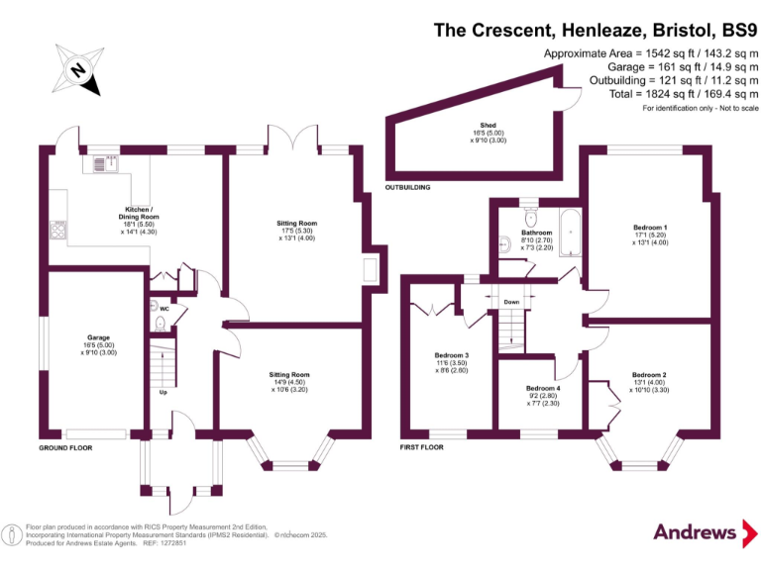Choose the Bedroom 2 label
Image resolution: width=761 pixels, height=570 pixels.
click(649, 380)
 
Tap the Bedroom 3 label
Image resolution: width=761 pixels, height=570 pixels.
click(451, 360)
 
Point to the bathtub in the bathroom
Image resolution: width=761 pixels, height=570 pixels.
click(572, 234)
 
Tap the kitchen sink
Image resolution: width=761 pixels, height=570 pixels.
click(107, 162)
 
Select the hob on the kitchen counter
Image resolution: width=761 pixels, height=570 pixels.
click(57, 233)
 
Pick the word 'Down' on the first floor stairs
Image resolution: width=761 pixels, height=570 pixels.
click(511, 302)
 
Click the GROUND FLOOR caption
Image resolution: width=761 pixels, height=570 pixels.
click(65, 447)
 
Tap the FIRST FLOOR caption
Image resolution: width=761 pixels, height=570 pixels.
click(422, 447)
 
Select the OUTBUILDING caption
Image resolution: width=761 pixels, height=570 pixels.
click(407, 186)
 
